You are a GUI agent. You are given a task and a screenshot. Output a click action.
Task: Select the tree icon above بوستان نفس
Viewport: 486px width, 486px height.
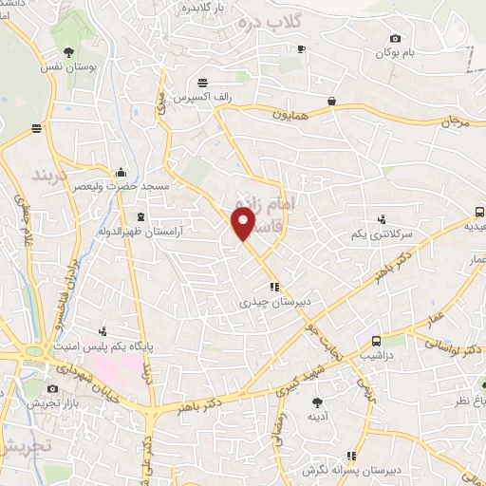pos(69,51)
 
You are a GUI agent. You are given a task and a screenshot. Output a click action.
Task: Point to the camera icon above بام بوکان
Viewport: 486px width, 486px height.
pos(395,38)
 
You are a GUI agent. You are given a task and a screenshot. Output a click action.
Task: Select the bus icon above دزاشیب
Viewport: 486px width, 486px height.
pos(377,341)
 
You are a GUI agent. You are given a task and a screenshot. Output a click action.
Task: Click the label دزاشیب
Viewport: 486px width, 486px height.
pos(377,356)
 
